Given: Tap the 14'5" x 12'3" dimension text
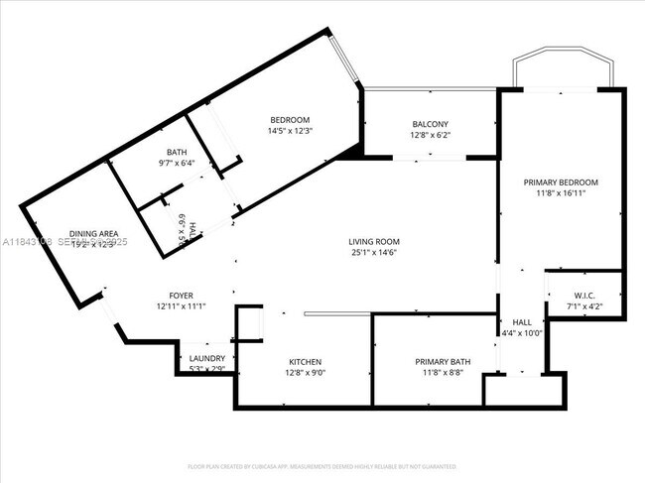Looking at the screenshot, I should (289, 131).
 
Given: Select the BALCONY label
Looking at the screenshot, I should (430, 124).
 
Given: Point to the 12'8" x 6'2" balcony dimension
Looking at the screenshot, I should (430, 136).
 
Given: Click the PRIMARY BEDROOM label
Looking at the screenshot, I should (562, 182).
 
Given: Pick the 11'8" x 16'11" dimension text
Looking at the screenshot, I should (562, 194).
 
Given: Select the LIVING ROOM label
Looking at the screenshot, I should (373, 241).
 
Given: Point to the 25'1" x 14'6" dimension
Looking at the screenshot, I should (373, 254).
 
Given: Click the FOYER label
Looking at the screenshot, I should (180, 295).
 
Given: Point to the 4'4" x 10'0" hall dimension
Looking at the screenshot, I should (522, 333).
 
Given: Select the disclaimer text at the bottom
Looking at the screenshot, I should (322, 465).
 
